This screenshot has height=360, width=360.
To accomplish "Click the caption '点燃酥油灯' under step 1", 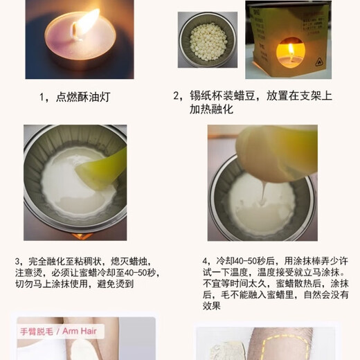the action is tap(83, 97).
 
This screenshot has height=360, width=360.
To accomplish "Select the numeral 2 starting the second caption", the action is tap(176, 96).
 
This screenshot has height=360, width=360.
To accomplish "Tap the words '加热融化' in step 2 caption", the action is tap(211, 109).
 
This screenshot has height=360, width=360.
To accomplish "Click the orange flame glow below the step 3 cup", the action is tap(82, 236).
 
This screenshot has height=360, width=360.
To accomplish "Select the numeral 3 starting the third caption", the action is tap(17, 262).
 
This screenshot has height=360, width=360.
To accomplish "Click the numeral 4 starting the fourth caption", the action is tap(205, 261).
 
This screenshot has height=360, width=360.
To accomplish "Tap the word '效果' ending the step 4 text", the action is tap(212, 306).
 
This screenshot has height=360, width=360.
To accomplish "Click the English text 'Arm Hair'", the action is tap(80, 331).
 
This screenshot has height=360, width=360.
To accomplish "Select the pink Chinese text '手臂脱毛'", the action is tap(37, 332).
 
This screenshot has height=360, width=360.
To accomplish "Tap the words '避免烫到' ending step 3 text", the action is tap(116, 284).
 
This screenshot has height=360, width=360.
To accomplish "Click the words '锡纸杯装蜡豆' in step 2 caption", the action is tap(222, 96).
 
